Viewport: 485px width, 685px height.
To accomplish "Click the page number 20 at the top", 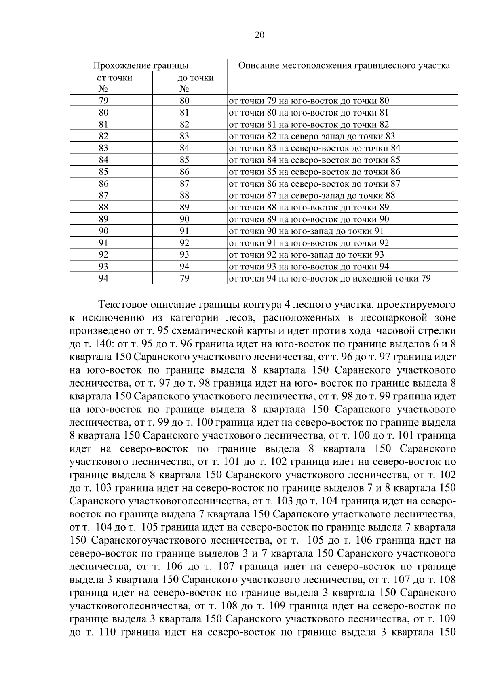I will point(259,35).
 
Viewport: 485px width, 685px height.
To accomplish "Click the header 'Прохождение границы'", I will point(141,65).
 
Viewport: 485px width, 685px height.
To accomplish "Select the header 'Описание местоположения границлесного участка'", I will point(344,65).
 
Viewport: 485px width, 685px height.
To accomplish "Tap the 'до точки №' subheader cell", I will point(190,83).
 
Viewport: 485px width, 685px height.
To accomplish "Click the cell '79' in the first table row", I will point(103,101).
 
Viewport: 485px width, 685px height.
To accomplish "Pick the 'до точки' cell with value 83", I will point(184,136).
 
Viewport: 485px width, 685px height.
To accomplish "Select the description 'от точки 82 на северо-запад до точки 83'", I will point(312,137).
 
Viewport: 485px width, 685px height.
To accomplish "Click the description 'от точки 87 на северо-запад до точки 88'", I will point(312,195).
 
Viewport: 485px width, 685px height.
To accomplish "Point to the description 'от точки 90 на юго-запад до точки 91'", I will point(306,231).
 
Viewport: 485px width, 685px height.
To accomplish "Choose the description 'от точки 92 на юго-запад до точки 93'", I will point(306,255).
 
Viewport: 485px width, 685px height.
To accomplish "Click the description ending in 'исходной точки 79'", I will point(329,278).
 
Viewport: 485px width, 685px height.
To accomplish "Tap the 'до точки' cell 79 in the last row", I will point(184,278).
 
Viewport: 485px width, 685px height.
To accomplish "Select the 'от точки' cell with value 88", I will point(103,207).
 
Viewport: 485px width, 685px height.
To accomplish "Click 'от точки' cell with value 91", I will point(103,243).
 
